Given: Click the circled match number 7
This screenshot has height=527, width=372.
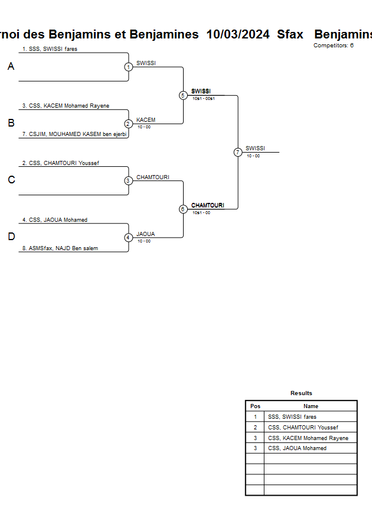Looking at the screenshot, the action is coord(238,152).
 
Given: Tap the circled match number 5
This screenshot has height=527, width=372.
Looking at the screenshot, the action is coord(183,95).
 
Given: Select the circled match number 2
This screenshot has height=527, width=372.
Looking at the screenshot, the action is coord(128,124).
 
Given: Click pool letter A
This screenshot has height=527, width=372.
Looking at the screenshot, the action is coord(11,66).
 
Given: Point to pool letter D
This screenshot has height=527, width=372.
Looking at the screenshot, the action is coord(11,237).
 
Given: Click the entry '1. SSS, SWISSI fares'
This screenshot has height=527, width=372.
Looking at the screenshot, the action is coord(50,49).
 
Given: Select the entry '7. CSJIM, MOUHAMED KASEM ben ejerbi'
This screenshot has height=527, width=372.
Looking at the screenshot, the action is coord(74,134).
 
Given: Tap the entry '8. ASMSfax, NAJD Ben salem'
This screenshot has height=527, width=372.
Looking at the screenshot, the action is coord(60,248).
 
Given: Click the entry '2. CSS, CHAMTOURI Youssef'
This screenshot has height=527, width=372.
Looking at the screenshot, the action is coord(61,163).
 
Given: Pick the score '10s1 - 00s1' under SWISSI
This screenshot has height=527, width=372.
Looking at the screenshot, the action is coord(204,99).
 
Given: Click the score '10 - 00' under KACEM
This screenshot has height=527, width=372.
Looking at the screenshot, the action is coord(144,127).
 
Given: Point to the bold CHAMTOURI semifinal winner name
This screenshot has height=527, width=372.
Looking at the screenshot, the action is coord(208,205).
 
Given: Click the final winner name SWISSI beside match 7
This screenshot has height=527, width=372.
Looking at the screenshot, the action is coord(255,148).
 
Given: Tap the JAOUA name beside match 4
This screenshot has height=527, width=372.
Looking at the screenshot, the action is coord(146,234).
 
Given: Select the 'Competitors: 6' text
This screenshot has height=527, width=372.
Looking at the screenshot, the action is coord(334,46).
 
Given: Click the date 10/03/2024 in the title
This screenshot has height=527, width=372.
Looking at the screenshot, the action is coord(238,34).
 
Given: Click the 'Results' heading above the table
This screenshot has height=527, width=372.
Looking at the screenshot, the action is coord(301,393).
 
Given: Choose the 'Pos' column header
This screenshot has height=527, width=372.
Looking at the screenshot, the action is coord(255,406).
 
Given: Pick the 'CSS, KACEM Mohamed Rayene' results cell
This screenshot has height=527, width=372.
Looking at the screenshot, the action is coord(308,438).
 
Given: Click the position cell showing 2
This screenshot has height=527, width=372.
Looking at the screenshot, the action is coord(255,428).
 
